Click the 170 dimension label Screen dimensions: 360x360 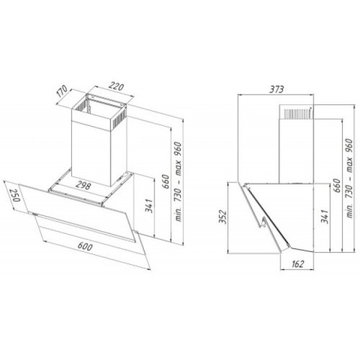pyautogui.click(x=62, y=91)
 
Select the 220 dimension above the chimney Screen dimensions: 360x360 pyautogui.click(x=116, y=86)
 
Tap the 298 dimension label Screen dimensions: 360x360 pyautogui.click(x=83, y=186)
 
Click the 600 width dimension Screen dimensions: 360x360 pyautogui.click(x=85, y=246)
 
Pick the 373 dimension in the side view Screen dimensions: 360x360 pyautogui.click(x=277, y=89)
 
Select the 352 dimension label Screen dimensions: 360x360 pyautogui.click(x=223, y=217)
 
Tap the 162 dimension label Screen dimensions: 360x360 pyautogui.click(x=298, y=264)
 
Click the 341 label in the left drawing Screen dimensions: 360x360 pyautogui.click(x=149, y=206)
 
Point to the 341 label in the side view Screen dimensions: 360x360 pyautogui.click(x=325, y=216)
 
